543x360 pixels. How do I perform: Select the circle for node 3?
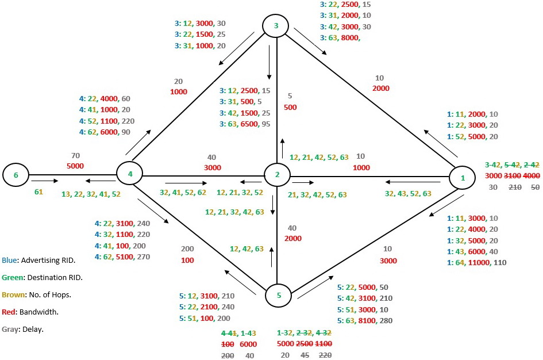(x=276, y=25)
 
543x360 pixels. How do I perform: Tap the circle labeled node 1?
(x=463, y=178)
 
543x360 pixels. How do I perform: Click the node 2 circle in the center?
(x=278, y=174)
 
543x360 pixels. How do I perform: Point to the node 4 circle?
(x=130, y=173)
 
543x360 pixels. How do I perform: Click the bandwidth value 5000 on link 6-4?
(x=75, y=166)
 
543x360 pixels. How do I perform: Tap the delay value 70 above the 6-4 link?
(x=75, y=156)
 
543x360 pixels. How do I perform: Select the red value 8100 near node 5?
(x=375, y=320)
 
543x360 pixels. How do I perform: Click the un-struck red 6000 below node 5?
(x=249, y=344)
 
